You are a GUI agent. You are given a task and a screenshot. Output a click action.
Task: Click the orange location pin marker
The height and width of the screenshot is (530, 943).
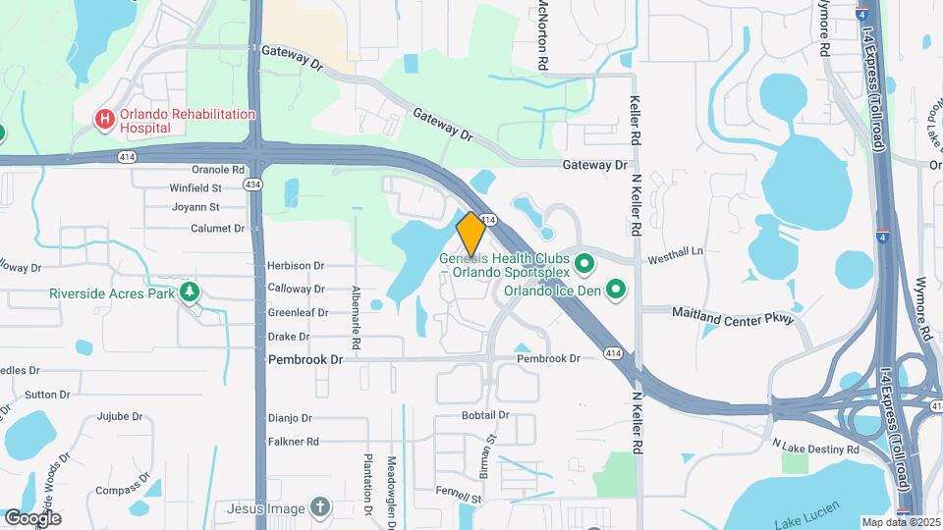(x=471, y=235)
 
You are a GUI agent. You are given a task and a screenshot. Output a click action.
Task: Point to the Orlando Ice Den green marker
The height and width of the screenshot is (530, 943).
(x=616, y=290)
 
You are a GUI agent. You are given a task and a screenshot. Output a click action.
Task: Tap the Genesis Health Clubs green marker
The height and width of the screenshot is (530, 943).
(x=584, y=264)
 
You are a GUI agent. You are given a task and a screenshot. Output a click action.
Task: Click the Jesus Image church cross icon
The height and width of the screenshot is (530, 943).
(x=318, y=507)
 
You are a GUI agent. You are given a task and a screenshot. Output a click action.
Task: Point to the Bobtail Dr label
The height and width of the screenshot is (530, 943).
(x=485, y=415)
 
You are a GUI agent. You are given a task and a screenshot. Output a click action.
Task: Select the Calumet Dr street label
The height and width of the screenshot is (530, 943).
(x=219, y=229)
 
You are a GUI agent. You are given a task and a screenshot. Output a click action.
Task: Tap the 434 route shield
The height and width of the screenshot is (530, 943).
(x=253, y=185)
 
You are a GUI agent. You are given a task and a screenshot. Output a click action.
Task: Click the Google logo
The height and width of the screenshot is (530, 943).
(x=33, y=517)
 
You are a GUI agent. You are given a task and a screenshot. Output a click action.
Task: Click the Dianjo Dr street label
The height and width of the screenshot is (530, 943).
(x=290, y=418)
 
